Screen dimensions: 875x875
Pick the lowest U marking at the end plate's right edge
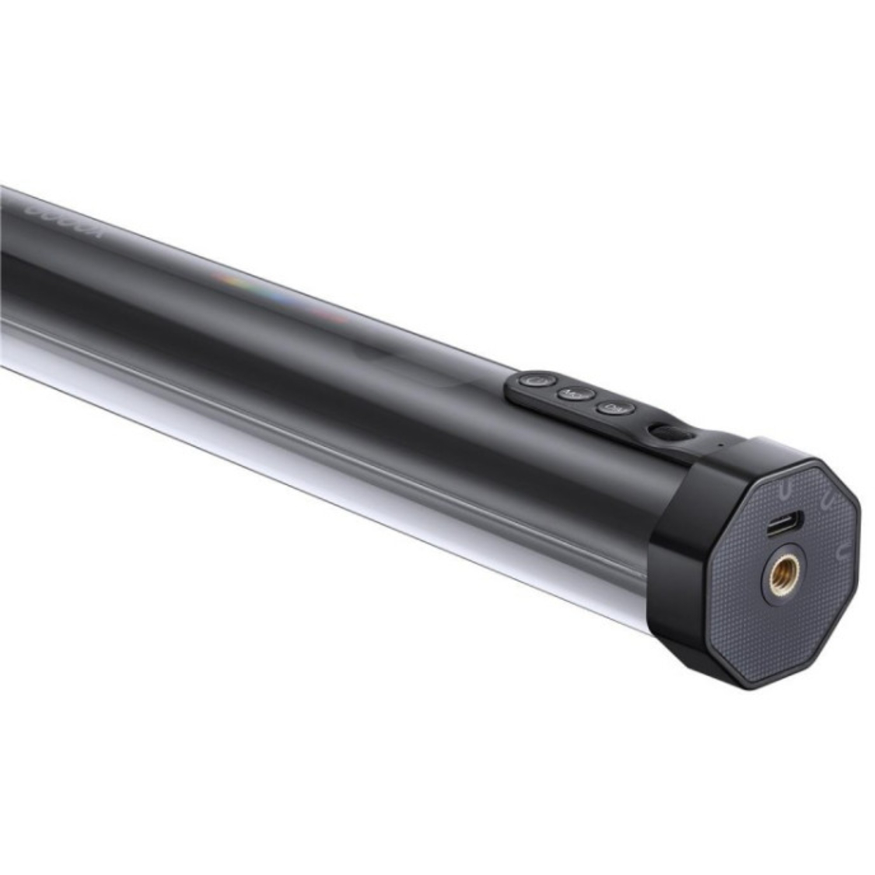coord(841,551)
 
